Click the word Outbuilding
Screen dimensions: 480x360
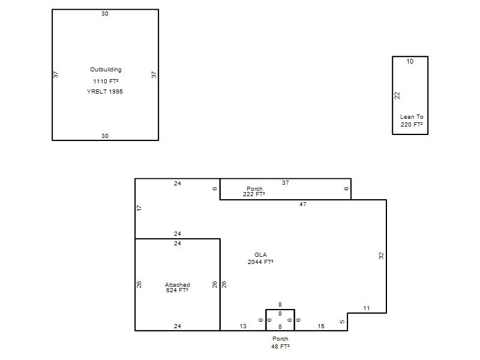click(x=106, y=70)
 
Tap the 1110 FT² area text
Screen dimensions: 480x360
click(x=106, y=81)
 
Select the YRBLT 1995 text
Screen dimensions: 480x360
click(x=104, y=92)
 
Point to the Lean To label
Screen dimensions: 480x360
click(x=412, y=116)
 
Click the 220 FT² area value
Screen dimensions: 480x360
click(x=412, y=124)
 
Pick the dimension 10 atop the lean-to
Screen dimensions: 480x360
click(x=410, y=61)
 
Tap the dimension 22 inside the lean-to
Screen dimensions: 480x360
click(x=397, y=95)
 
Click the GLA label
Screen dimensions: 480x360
click(x=260, y=254)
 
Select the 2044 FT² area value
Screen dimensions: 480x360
click(x=260, y=262)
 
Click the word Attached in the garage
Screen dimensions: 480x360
click(x=177, y=284)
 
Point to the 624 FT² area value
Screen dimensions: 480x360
click(x=177, y=290)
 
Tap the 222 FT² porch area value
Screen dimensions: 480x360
click(x=254, y=194)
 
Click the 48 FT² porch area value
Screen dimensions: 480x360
click(x=280, y=346)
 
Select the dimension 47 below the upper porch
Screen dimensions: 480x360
click(x=303, y=204)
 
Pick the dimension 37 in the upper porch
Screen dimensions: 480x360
click(x=286, y=183)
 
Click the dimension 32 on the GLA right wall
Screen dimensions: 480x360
click(x=381, y=256)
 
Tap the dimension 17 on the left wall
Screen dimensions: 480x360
click(x=139, y=208)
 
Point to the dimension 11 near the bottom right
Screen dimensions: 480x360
click(x=367, y=308)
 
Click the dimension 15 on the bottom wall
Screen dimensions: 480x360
click(x=321, y=326)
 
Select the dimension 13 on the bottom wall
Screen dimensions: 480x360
click(x=243, y=326)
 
